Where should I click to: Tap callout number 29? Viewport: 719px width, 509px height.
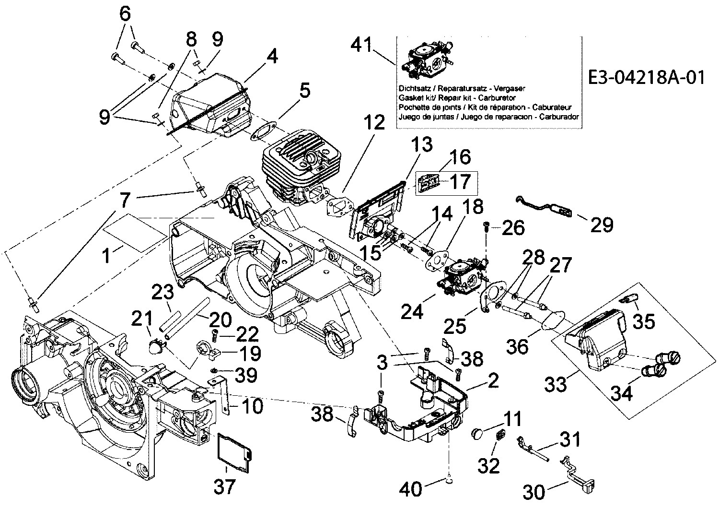[602, 224]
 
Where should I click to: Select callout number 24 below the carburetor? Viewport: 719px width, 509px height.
[412, 312]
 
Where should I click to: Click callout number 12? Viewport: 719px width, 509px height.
[373, 123]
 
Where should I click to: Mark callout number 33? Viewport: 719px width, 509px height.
[556, 383]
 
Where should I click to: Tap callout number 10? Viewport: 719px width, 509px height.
[251, 407]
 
